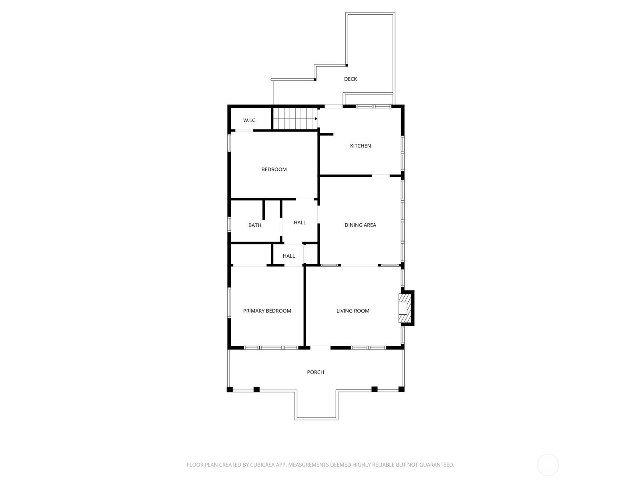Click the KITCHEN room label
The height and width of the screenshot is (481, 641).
click(360, 146)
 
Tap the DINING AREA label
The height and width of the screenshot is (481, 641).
click(360, 225)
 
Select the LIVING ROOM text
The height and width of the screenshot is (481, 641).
click(353, 311)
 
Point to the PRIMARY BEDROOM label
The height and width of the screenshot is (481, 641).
click(267, 311)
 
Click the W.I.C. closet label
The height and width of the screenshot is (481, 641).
click(250, 120)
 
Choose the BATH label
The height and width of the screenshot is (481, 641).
click(255, 225)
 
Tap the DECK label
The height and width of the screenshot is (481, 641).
click(351, 79)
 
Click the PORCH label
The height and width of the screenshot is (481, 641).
click(315, 372)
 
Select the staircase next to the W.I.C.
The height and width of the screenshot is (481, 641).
click(295, 119)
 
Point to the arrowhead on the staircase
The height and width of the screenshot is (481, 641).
click(316, 119)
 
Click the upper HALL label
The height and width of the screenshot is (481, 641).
click(300, 222)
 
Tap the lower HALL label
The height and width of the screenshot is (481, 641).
click(288, 256)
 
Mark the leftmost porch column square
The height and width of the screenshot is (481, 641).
click(230, 389)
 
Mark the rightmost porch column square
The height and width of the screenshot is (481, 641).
click(401, 389)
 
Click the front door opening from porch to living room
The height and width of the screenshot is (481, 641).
click(320, 348)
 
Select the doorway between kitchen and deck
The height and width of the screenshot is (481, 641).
click(333, 106)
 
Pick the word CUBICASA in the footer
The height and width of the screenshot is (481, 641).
click(262, 465)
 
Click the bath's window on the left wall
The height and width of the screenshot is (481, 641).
click(229, 224)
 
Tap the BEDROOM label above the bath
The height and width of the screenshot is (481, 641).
click(274, 170)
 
